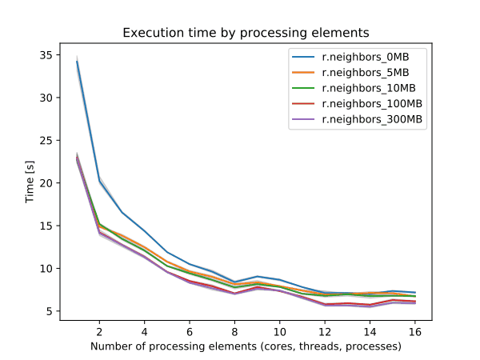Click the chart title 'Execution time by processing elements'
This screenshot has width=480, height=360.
coord(246,34)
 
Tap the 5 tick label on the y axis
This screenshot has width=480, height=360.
coord(50,311)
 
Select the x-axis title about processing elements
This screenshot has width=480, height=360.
coord(246,346)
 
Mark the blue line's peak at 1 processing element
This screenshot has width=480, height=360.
coord(77,61)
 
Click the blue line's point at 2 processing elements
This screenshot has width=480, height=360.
coord(99,182)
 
